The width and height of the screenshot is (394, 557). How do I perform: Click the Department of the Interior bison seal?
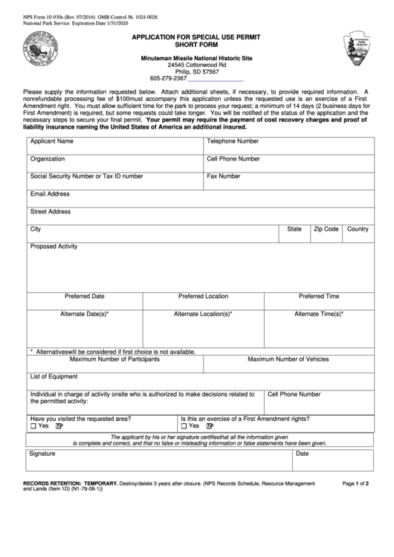pyautogui.click(x=45, y=51)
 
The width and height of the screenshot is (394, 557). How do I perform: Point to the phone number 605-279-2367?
pyautogui.click(x=168, y=78)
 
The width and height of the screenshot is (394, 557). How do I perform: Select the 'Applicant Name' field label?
pyautogui.click(x=51, y=141)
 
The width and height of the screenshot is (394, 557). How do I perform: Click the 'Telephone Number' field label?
pyautogui.click(x=233, y=141)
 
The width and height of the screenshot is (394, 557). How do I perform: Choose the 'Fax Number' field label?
pyautogui.click(x=224, y=176)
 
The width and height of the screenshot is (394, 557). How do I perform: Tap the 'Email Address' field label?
pyautogui.click(x=50, y=194)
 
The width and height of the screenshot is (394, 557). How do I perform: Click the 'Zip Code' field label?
pyautogui.click(x=326, y=229)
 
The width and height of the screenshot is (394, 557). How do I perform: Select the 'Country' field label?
pyautogui.click(x=358, y=229)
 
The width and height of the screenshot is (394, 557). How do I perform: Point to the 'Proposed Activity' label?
pyautogui.click(x=54, y=246)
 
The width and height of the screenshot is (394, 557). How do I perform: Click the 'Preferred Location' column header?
pyautogui.click(x=203, y=296)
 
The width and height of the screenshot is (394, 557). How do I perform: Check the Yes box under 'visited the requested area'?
pyautogui.click(x=33, y=426)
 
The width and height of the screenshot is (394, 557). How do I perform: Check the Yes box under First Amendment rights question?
pyautogui.click(x=184, y=426)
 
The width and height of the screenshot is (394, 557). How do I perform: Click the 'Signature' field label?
pyautogui.click(x=42, y=453)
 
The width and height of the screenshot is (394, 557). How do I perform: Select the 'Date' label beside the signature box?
pyautogui.click(x=303, y=453)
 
